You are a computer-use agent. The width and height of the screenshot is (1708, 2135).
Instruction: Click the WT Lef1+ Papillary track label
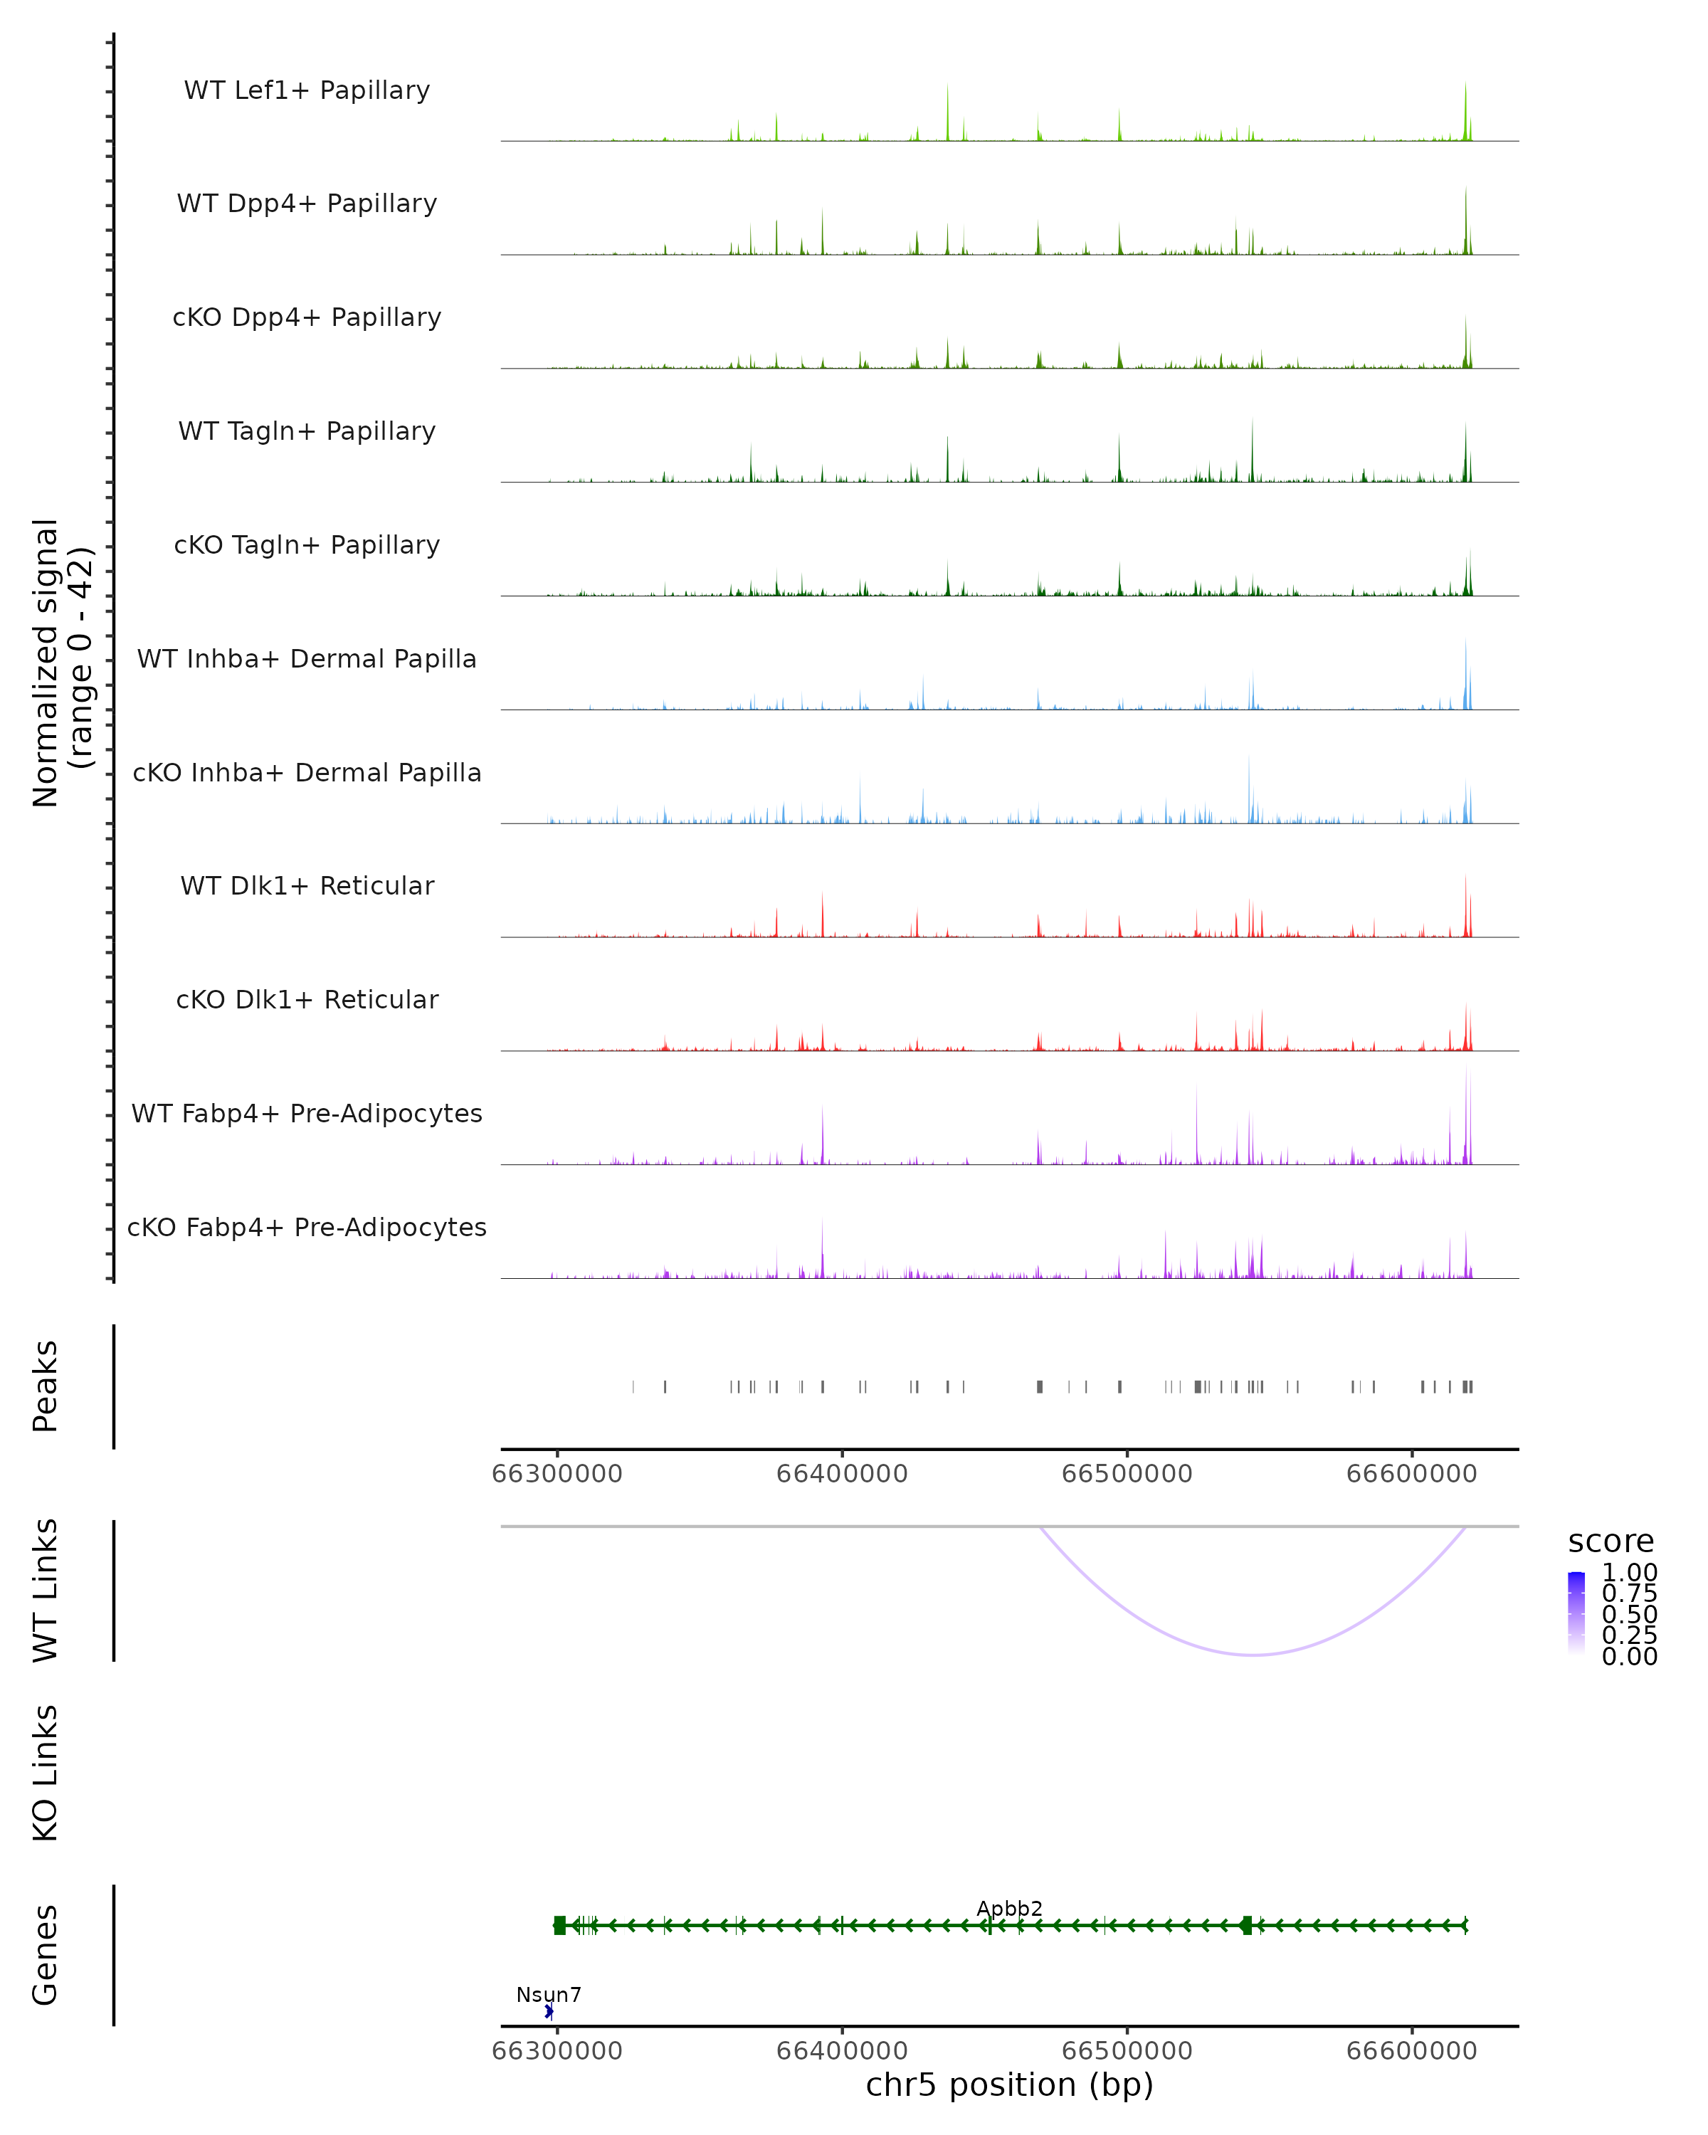pyautogui.click(x=307, y=90)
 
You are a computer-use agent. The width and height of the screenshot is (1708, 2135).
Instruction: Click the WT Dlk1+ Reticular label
pyautogui.click(x=307, y=885)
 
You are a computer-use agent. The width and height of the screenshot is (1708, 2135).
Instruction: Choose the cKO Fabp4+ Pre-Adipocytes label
pyautogui.click(x=307, y=1227)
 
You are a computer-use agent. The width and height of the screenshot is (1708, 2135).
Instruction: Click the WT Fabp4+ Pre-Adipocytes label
pyautogui.click(x=307, y=1113)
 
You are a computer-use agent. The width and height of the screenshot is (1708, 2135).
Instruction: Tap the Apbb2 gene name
pyautogui.click(x=1009, y=1908)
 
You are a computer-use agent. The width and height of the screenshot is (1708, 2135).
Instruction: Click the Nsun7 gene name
pyautogui.click(x=549, y=1994)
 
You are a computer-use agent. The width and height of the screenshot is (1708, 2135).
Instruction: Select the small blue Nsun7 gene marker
pyautogui.click(x=549, y=2011)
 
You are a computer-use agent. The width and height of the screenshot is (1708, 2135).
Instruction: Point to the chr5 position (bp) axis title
pyautogui.click(x=1009, y=2084)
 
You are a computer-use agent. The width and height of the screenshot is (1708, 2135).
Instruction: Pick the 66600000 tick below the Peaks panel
pyautogui.click(x=1411, y=1474)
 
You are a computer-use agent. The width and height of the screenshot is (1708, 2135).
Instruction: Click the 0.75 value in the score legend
pyautogui.click(x=1629, y=1593)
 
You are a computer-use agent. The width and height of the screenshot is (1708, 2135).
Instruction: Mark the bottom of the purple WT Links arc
pyautogui.click(x=1253, y=1655)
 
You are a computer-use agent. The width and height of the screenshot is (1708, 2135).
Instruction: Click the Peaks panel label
pyautogui.click(x=45, y=1386)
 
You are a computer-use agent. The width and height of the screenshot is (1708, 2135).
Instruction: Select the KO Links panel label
pyautogui.click(x=45, y=1773)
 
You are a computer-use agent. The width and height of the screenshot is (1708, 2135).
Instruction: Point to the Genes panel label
pyautogui.click(x=45, y=1955)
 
